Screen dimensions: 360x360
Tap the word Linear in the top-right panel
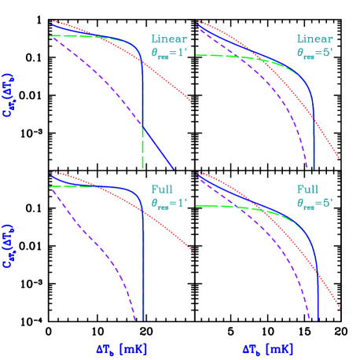(314, 39)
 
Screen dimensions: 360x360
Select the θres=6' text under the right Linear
(314, 53)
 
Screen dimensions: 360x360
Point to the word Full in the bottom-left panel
(162, 189)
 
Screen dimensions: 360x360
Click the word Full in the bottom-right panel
(307, 189)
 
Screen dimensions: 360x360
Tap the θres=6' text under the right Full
(314, 202)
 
